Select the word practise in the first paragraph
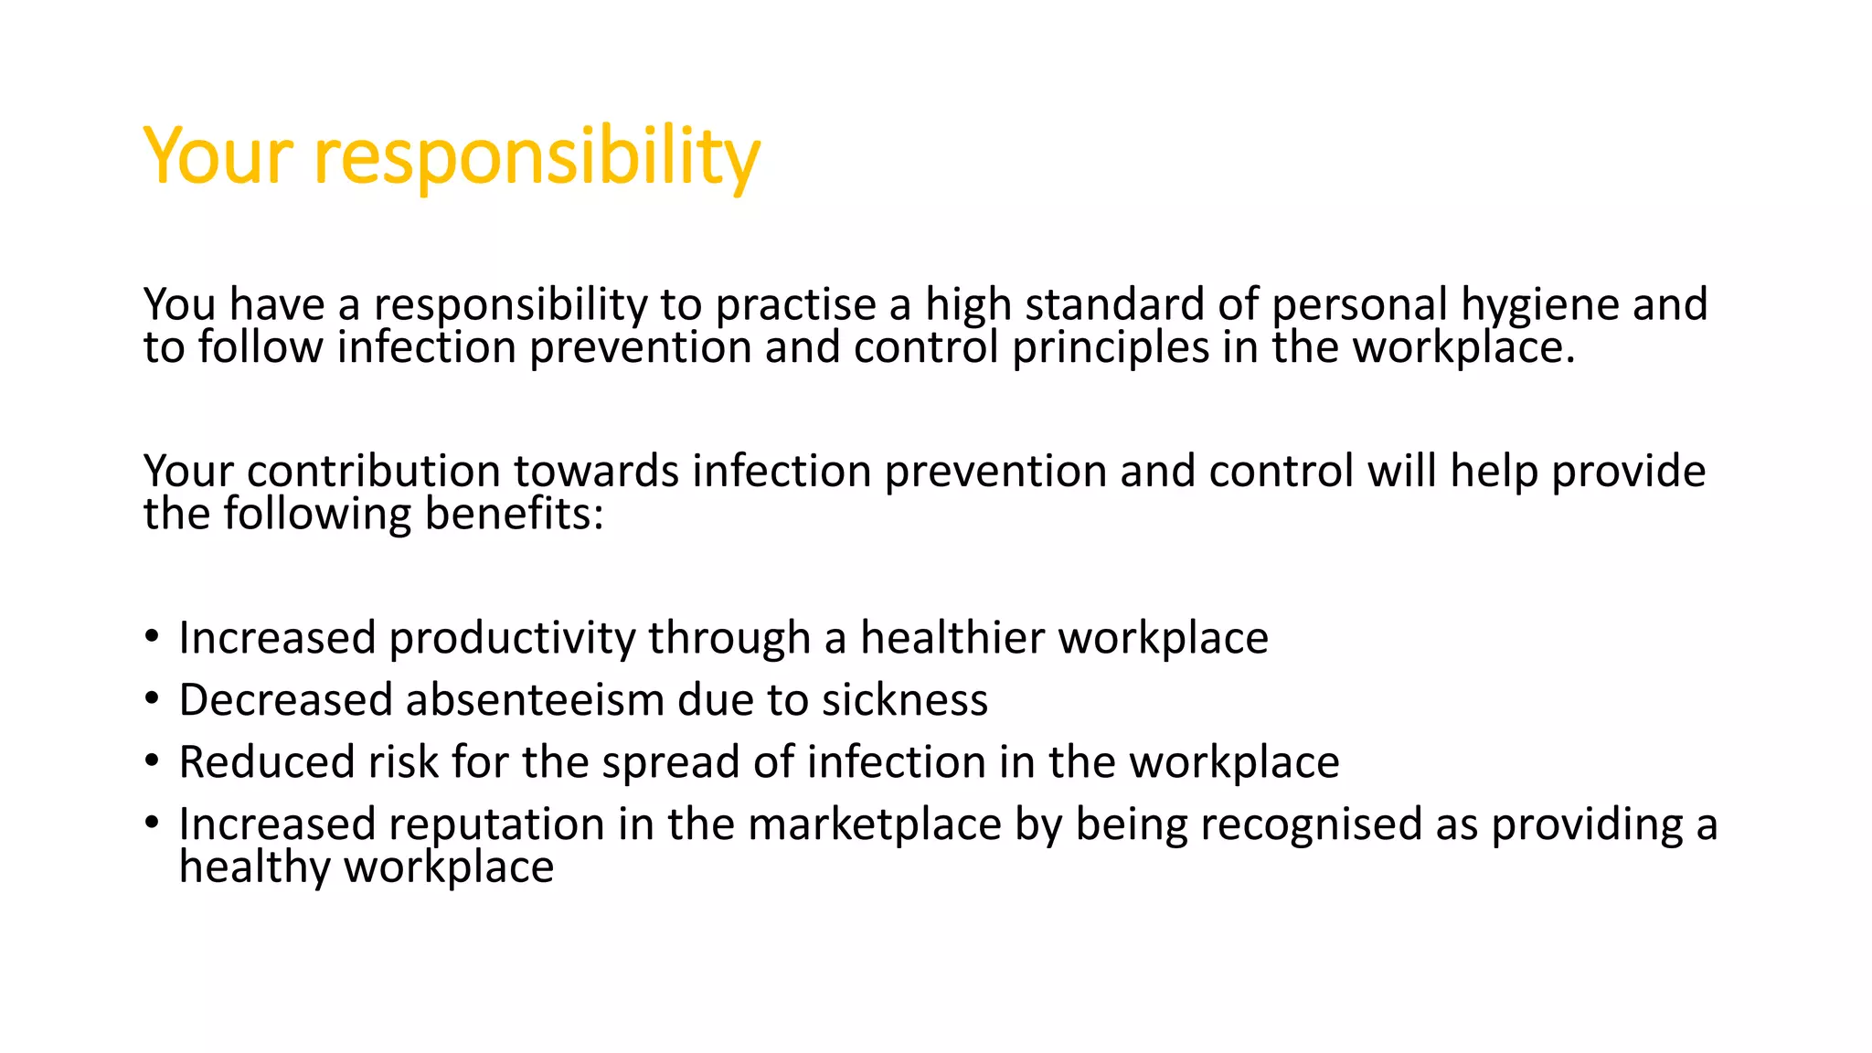click(795, 305)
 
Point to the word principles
click(1111, 348)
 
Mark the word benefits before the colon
click(508, 515)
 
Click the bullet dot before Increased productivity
click(152, 636)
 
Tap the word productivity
click(512, 638)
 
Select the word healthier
click(952, 638)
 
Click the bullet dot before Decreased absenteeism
click(152, 698)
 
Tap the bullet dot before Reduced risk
click(152, 760)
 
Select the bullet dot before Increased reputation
click(152, 823)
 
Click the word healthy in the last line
click(255, 867)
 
